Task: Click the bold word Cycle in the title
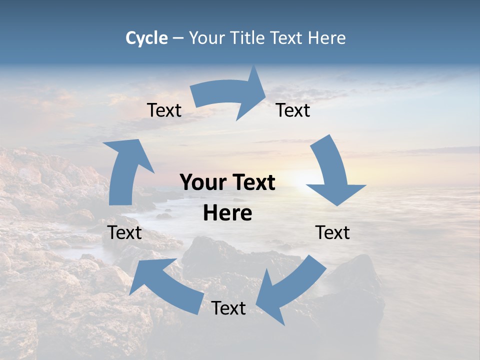[x=146, y=38]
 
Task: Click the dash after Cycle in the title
[x=178, y=38]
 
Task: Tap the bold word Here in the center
[x=227, y=213]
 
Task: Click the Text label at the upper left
[x=164, y=110]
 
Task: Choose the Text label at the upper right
[x=293, y=110]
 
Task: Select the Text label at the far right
[x=332, y=233]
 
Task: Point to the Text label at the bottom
[x=228, y=308]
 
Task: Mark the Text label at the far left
[x=124, y=233]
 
